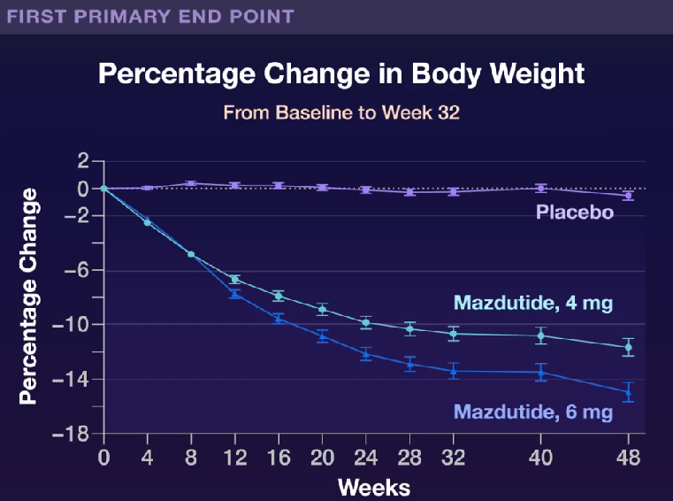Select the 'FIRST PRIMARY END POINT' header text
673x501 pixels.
[x=149, y=16]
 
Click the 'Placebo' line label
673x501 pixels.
[x=575, y=212]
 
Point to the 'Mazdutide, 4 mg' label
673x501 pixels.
[x=533, y=304]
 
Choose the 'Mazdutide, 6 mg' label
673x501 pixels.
[x=533, y=412]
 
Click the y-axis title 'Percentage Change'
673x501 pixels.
[x=28, y=297]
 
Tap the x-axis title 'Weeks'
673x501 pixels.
[x=373, y=487]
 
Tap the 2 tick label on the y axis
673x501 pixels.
[x=83, y=161]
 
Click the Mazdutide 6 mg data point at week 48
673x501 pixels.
[x=629, y=391]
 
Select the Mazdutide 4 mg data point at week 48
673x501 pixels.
[x=629, y=347]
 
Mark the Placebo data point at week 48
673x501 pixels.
[x=629, y=196]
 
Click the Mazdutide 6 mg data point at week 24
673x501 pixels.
[x=366, y=354]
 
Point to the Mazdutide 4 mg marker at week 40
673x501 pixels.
[x=541, y=336]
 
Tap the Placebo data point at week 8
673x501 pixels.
[x=191, y=184]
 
